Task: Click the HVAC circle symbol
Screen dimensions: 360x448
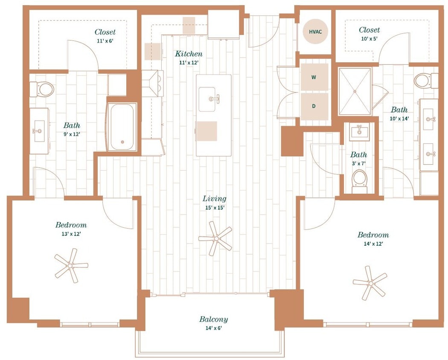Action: pyautogui.click(x=316, y=32)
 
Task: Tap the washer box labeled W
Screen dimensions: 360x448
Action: pyautogui.click(x=314, y=77)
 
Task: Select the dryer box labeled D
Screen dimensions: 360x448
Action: pyautogui.click(x=314, y=106)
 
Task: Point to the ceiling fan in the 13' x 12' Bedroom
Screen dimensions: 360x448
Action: pyautogui.click(x=71, y=266)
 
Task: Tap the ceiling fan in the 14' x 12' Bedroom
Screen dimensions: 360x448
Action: pyautogui.click(x=370, y=283)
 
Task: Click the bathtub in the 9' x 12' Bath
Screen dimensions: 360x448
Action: pyautogui.click(x=122, y=127)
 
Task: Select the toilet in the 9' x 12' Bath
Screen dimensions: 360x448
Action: pyautogui.click(x=43, y=89)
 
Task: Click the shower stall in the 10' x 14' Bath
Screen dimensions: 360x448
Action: pyautogui.click(x=355, y=91)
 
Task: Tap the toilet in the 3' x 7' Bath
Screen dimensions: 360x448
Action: pyautogui.click(x=360, y=181)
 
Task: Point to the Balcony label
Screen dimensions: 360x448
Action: pyautogui.click(x=213, y=319)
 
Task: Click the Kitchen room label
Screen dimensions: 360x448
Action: pyautogui.click(x=189, y=54)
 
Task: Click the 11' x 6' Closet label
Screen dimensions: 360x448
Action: pyautogui.click(x=105, y=32)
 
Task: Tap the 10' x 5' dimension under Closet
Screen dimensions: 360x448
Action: pyautogui.click(x=369, y=38)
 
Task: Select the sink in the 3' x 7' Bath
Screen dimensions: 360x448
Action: pyautogui.click(x=359, y=132)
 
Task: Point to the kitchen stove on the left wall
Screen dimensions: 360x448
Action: pyautogui.click(x=152, y=84)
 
